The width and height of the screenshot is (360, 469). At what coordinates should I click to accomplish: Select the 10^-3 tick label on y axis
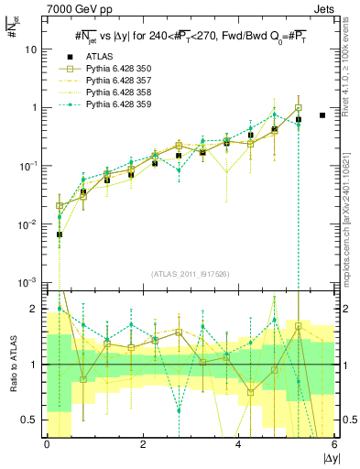(29, 282)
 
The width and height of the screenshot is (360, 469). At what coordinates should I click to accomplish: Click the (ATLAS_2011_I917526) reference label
(191, 274)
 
